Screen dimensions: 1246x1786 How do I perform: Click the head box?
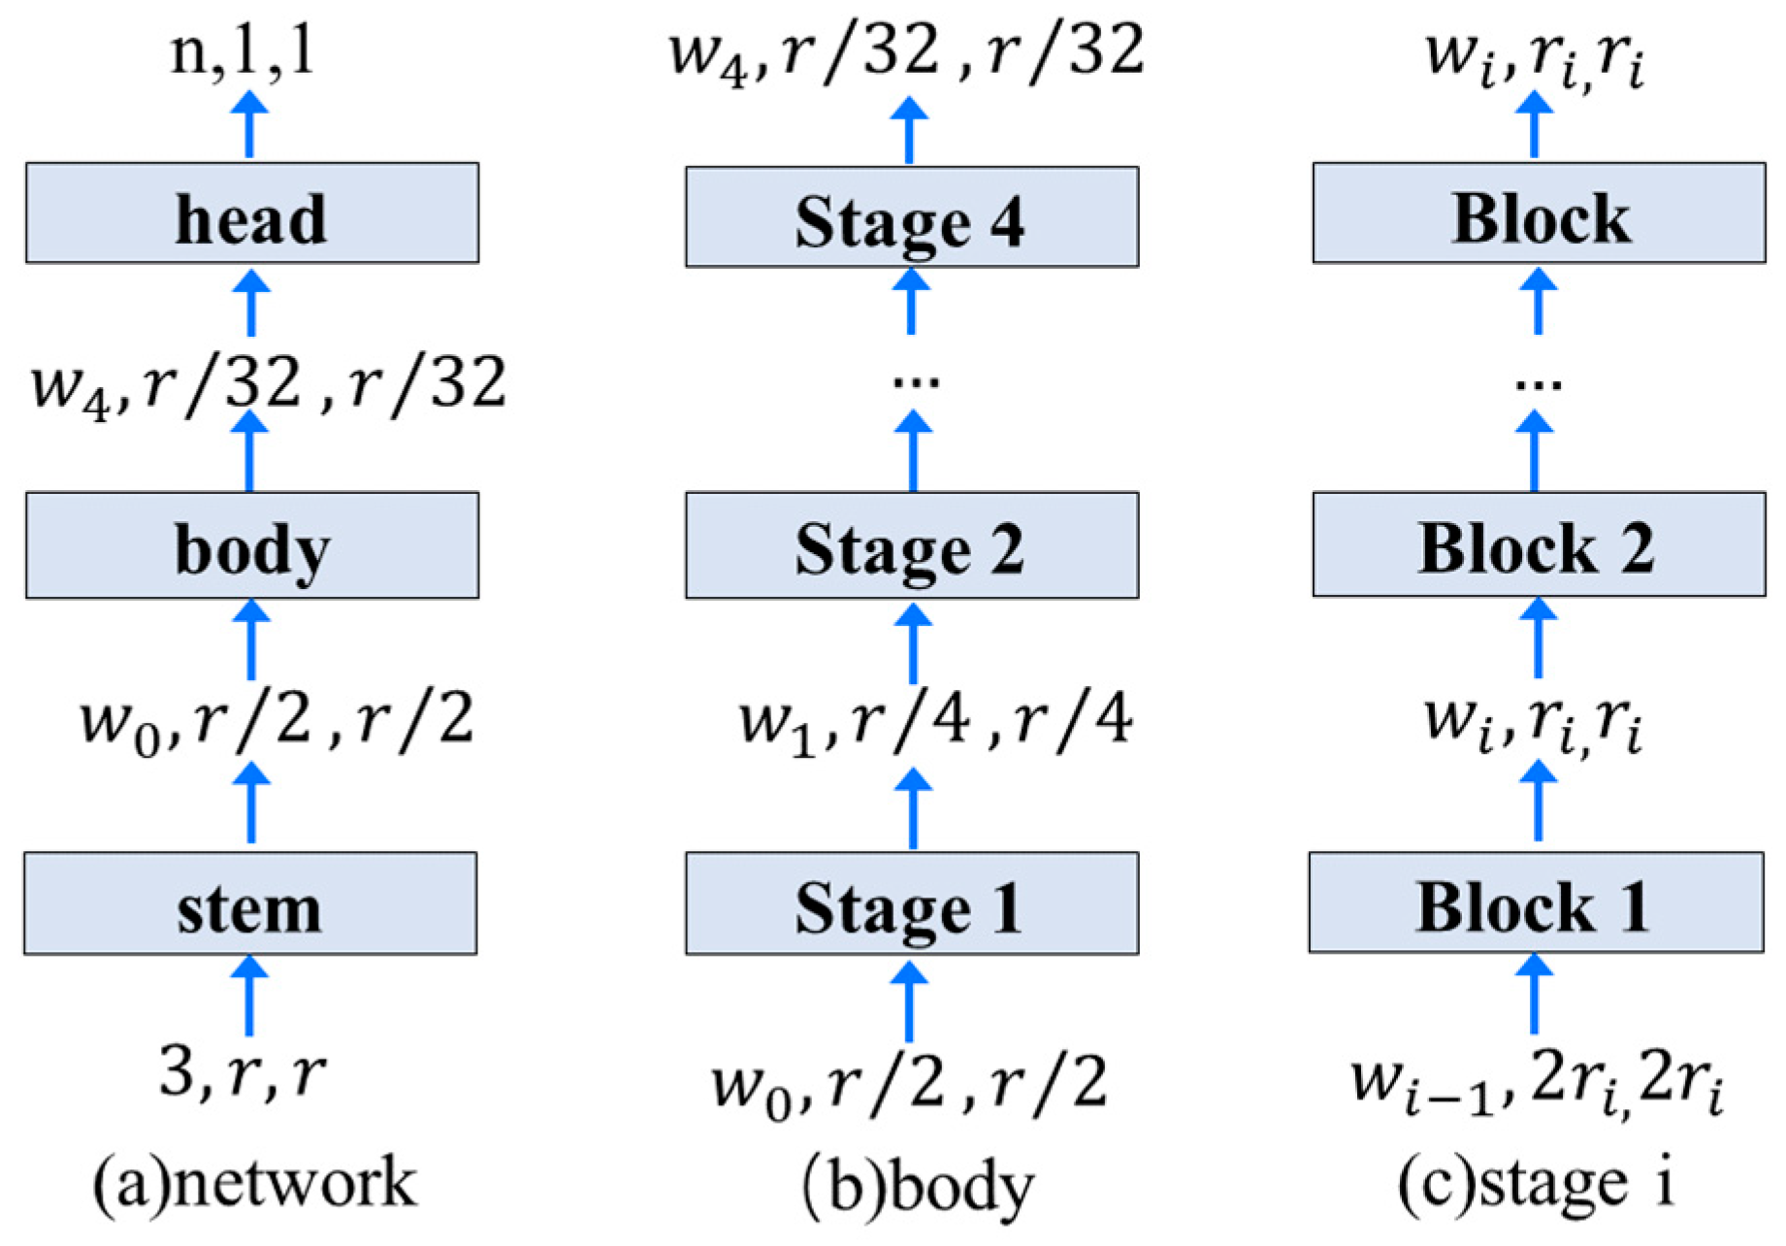click(x=251, y=213)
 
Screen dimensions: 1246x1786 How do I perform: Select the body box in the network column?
click(x=251, y=545)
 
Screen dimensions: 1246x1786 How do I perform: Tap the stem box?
click(x=250, y=903)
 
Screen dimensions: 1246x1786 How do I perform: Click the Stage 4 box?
click(x=911, y=217)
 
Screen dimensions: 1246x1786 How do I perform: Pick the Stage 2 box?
click(x=911, y=545)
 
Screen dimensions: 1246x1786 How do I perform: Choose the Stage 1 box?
click(x=911, y=903)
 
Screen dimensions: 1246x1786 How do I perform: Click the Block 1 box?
click(x=1535, y=902)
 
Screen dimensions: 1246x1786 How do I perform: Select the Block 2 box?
click(x=1538, y=544)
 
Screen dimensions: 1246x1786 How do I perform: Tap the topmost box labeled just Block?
click(x=1538, y=213)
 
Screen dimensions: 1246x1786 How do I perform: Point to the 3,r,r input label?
click(x=243, y=1073)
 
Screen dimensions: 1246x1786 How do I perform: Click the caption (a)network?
click(x=254, y=1183)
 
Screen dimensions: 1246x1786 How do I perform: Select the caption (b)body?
click(x=918, y=1186)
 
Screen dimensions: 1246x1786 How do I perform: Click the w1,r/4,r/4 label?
click(x=935, y=722)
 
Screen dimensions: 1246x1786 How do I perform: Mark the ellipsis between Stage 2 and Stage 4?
click(x=916, y=381)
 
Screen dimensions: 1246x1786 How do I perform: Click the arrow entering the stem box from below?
click(x=249, y=997)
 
